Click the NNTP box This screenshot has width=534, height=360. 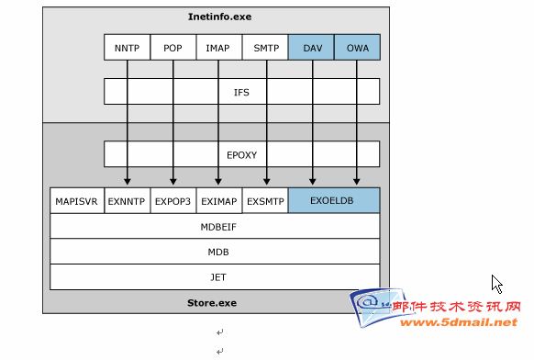[x=127, y=47]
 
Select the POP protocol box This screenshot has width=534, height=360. [x=173, y=47]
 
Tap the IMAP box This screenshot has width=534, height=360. [x=219, y=47]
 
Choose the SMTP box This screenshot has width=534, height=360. [x=265, y=47]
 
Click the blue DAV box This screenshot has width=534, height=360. [x=311, y=47]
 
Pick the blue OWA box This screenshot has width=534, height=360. [x=357, y=47]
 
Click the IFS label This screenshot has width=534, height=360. [x=241, y=93]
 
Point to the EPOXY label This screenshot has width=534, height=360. [x=242, y=155]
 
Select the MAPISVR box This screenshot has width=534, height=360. [x=77, y=201]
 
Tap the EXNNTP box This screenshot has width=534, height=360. [x=127, y=201]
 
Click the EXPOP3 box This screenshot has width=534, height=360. [x=173, y=201]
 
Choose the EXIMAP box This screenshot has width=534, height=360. [x=219, y=201]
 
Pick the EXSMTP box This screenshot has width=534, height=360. [x=265, y=201]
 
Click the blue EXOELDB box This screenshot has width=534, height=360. [x=334, y=200]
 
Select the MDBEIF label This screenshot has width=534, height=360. [x=218, y=227]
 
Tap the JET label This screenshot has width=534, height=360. [x=218, y=277]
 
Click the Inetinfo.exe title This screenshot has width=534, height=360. [x=219, y=17]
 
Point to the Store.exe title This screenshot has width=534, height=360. [x=212, y=303]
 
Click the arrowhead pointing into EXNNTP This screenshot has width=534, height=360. [x=127, y=181]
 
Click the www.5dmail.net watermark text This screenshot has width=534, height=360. [x=459, y=322]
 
